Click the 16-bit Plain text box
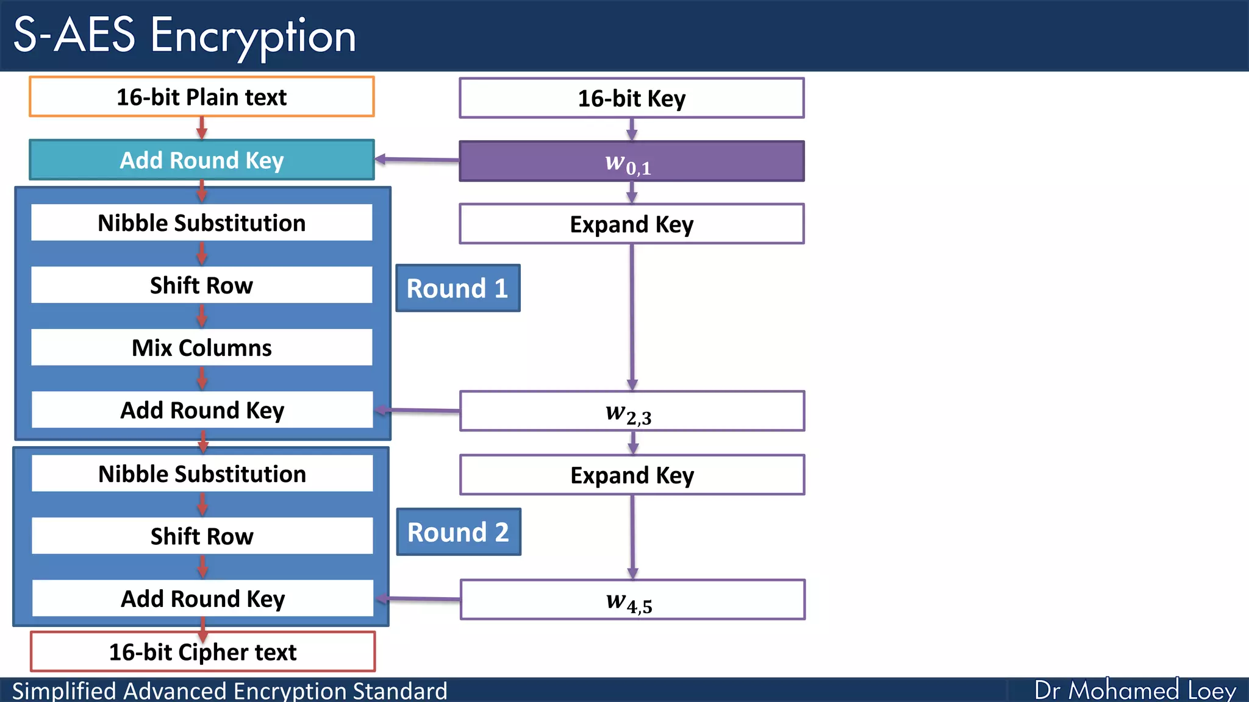tap(201, 97)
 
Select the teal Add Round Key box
tap(201, 160)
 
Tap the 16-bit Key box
tap(631, 98)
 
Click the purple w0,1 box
tap(631, 161)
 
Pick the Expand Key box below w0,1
tap(631, 224)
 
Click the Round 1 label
tap(457, 288)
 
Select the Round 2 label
tap(458, 532)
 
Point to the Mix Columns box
tap(201, 347)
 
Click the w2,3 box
tap(631, 411)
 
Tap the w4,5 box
tap(632, 600)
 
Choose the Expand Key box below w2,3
tap(632, 475)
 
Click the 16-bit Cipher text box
tap(202, 652)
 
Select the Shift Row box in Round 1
tap(201, 285)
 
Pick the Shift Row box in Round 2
tap(202, 536)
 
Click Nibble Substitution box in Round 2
tap(202, 473)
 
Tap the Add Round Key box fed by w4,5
tap(202, 598)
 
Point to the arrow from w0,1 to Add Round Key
tap(418, 160)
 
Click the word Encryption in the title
tap(253, 35)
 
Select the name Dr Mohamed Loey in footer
tap(1135, 690)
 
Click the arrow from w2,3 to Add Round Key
tap(418, 411)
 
